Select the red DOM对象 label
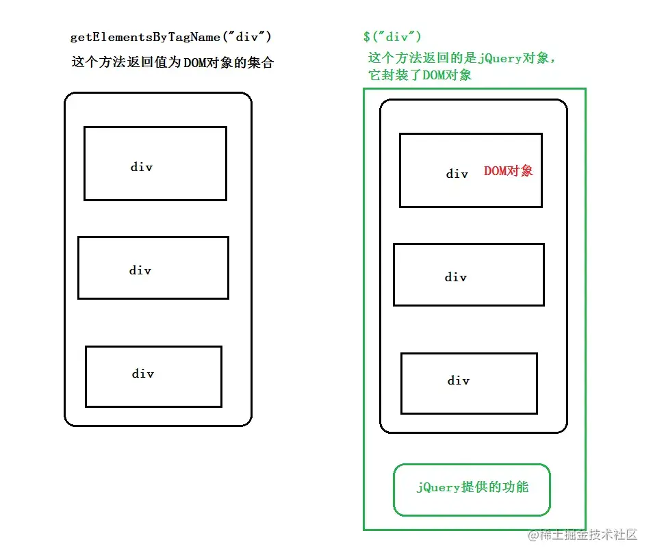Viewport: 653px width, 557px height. pyautogui.click(x=508, y=171)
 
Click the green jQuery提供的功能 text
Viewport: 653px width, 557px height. pyautogui.click(x=472, y=487)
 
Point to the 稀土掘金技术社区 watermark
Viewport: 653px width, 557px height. pyautogui.click(x=582, y=534)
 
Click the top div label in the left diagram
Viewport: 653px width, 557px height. pyautogui.click(x=142, y=167)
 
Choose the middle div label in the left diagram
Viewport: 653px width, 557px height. pyautogui.click(x=140, y=270)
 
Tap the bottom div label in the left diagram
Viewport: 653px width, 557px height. pyautogui.click(x=143, y=374)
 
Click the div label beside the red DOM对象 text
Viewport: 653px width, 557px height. pyautogui.click(x=457, y=174)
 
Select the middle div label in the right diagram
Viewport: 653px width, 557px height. pyautogui.click(x=456, y=277)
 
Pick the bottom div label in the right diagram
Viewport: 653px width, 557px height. pyautogui.click(x=459, y=380)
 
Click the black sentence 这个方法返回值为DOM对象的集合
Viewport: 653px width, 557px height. pyautogui.click(x=172, y=62)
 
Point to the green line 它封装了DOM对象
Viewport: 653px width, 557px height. pyautogui.click(x=420, y=75)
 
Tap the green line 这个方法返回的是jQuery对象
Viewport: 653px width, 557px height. pyautogui.click(x=461, y=58)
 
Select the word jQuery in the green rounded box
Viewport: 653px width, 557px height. pyautogui.click(x=439, y=487)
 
